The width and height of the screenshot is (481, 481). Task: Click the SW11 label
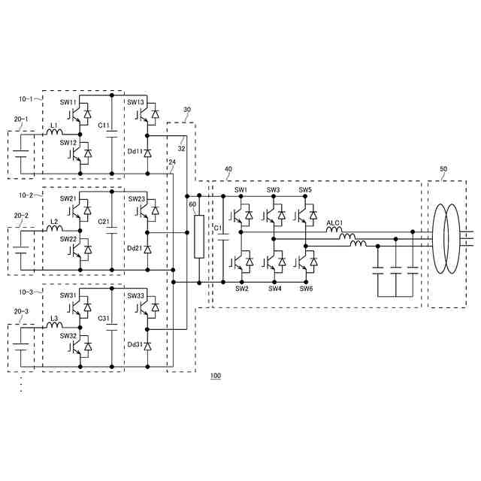[x=68, y=102]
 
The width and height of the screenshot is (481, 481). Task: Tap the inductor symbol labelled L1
[x=54, y=133]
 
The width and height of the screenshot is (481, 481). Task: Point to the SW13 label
[x=135, y=102]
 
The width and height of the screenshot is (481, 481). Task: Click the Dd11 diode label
[x=135, y=151]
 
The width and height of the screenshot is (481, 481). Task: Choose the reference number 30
[x=186, y=110]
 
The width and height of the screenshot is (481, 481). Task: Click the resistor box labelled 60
[x=199, y=237]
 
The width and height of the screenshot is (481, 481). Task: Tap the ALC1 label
[x=334, y=223]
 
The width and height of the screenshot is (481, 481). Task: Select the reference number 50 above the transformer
[x=443, y=170]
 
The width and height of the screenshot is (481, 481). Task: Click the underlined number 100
[x=216, y=375]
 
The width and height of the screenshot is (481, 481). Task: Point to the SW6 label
[x=306, y=289]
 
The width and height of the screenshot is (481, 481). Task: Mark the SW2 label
[x=241, y=289]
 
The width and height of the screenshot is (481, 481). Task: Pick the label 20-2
[x=21, y=216]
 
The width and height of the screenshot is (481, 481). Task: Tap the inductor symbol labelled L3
[x=54, y=326]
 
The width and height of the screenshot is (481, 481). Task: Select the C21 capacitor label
[x=104, y=222]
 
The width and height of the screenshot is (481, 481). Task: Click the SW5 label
[x=305, y=190]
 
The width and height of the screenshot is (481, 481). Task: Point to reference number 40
[x=228, y=170]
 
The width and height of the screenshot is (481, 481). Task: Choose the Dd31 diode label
[x=135, y=344]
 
